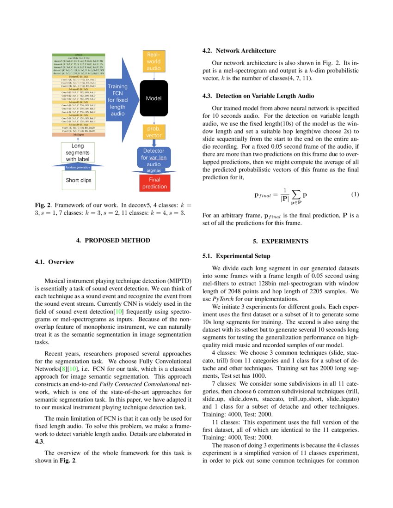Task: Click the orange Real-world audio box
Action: [154, 61]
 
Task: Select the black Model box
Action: [154, 98]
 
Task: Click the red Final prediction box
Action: [154, 183]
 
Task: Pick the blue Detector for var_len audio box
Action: [154, 157]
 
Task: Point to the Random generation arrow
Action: [77, 167]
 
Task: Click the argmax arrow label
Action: [154, 170]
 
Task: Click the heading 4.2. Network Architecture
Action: [239, 51]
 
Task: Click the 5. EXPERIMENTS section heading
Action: [281, 241]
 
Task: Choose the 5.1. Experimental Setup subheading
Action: [236, 256]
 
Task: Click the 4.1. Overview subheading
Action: [55, 262]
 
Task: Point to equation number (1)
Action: [355, 194]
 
